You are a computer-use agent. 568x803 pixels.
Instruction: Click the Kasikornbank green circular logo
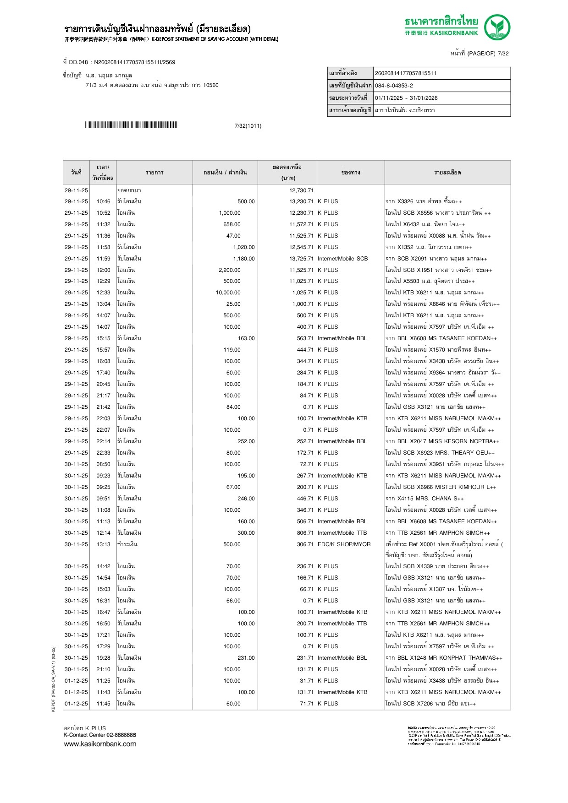(x=497, y=27)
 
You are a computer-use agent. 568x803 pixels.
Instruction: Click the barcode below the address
(x=131, y=125)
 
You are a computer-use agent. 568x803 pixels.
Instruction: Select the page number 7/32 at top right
(x=503, y=54)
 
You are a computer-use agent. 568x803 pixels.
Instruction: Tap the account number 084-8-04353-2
(x=394, y=86)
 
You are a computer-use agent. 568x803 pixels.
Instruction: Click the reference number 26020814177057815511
(x=406, y=73)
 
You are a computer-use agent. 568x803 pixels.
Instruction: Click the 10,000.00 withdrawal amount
(x=228, y=293)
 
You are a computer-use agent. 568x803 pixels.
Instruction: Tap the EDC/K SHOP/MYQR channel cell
(x=344, y=544)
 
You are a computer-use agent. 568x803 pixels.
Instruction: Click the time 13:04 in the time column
(x=103, y=304)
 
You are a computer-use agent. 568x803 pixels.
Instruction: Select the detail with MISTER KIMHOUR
(x=441, y=487)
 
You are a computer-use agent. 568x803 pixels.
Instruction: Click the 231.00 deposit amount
(x=246, y=658)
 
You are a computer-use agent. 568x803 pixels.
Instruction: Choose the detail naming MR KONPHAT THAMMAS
(x=444, y=658)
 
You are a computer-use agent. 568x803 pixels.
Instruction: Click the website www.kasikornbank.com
(x=100, y=744)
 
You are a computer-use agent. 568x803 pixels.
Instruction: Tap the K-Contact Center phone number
(x=121, y=735)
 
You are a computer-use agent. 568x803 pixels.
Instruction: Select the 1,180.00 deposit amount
(x=243, y=259)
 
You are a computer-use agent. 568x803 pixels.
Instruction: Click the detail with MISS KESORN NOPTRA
(x=442, y=441)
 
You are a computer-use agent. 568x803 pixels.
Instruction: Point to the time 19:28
(x=103, y=658)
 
